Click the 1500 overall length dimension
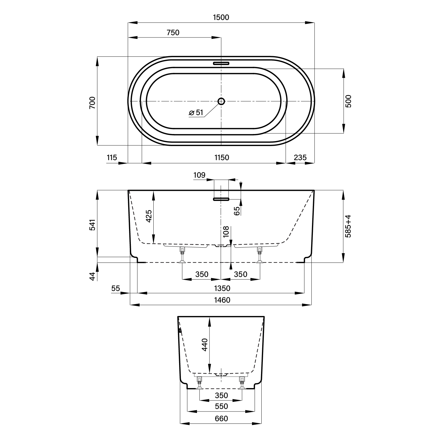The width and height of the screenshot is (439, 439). pos(221,17)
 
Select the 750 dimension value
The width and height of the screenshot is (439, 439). pos(173,32)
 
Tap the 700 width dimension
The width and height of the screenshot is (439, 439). pos(92,103)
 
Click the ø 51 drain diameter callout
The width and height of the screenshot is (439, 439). pos(196,112)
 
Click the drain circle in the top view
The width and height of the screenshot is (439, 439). pos(221,101)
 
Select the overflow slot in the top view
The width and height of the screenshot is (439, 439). pos(221,63)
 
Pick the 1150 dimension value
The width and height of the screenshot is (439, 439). pos(222,157)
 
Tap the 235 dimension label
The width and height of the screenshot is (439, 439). pos(300,157)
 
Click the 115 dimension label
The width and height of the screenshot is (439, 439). pos(112,157)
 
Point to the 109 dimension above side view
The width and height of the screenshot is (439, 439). pos(199,175)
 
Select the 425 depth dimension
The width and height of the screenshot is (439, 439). pos(149,216)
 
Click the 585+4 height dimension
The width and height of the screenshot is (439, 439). pos(348,226)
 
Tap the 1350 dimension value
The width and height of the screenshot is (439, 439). pos(222,288)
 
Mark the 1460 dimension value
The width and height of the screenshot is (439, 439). pos(222,300)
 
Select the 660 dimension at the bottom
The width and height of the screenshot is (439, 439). pos(221,419)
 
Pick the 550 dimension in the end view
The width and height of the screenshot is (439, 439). pos(221,406)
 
